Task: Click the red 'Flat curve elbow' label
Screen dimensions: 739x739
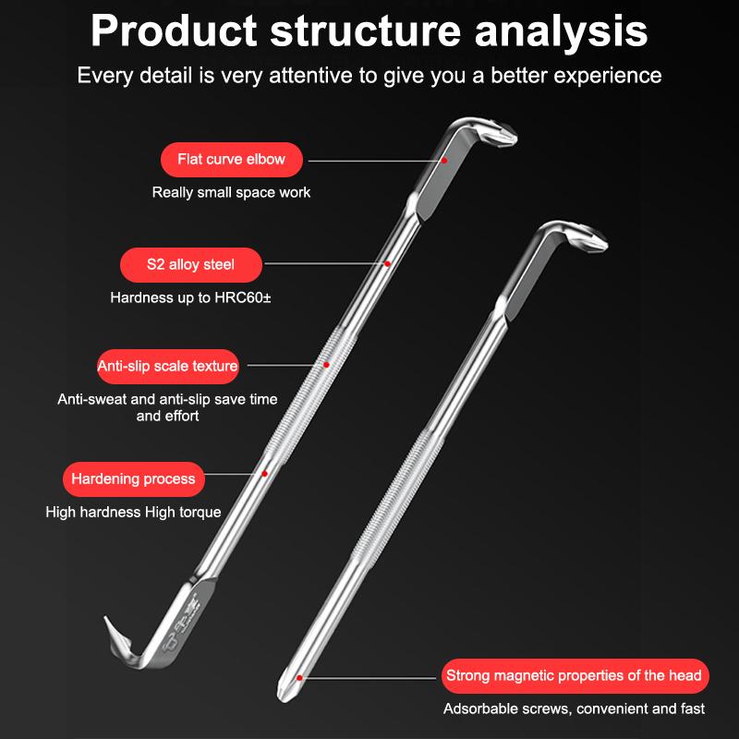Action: tap(232, 160)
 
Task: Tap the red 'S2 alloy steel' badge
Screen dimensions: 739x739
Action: tap(191, 264)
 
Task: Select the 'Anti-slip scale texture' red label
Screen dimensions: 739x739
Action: tap(168, 366)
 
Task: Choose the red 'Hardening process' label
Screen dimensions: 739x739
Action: tap(133, 479)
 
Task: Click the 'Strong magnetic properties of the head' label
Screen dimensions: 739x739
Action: tap(574, 675)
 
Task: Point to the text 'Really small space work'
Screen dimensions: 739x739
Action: tap(231, 193)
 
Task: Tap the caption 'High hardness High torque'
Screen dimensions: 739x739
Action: tap(133, 512)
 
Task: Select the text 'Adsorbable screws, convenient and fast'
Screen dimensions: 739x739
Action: tap(574, 709)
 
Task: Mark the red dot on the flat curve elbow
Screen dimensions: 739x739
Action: tap(444, 160)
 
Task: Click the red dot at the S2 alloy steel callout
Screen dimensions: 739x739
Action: tap(388, 264)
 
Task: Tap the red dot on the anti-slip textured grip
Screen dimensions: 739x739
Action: tap(326, 366)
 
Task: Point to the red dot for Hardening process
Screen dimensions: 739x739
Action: tap(265, 474)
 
